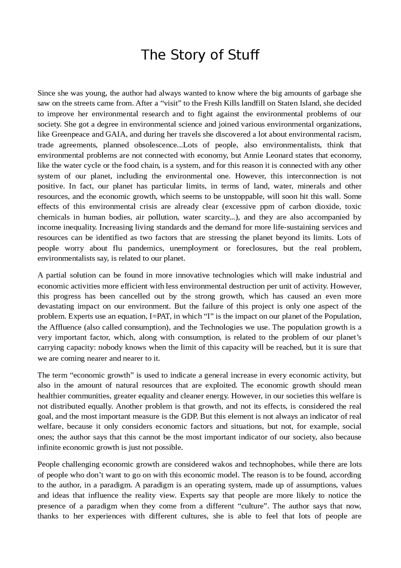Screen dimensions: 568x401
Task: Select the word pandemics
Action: click(x=145, y=248)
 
